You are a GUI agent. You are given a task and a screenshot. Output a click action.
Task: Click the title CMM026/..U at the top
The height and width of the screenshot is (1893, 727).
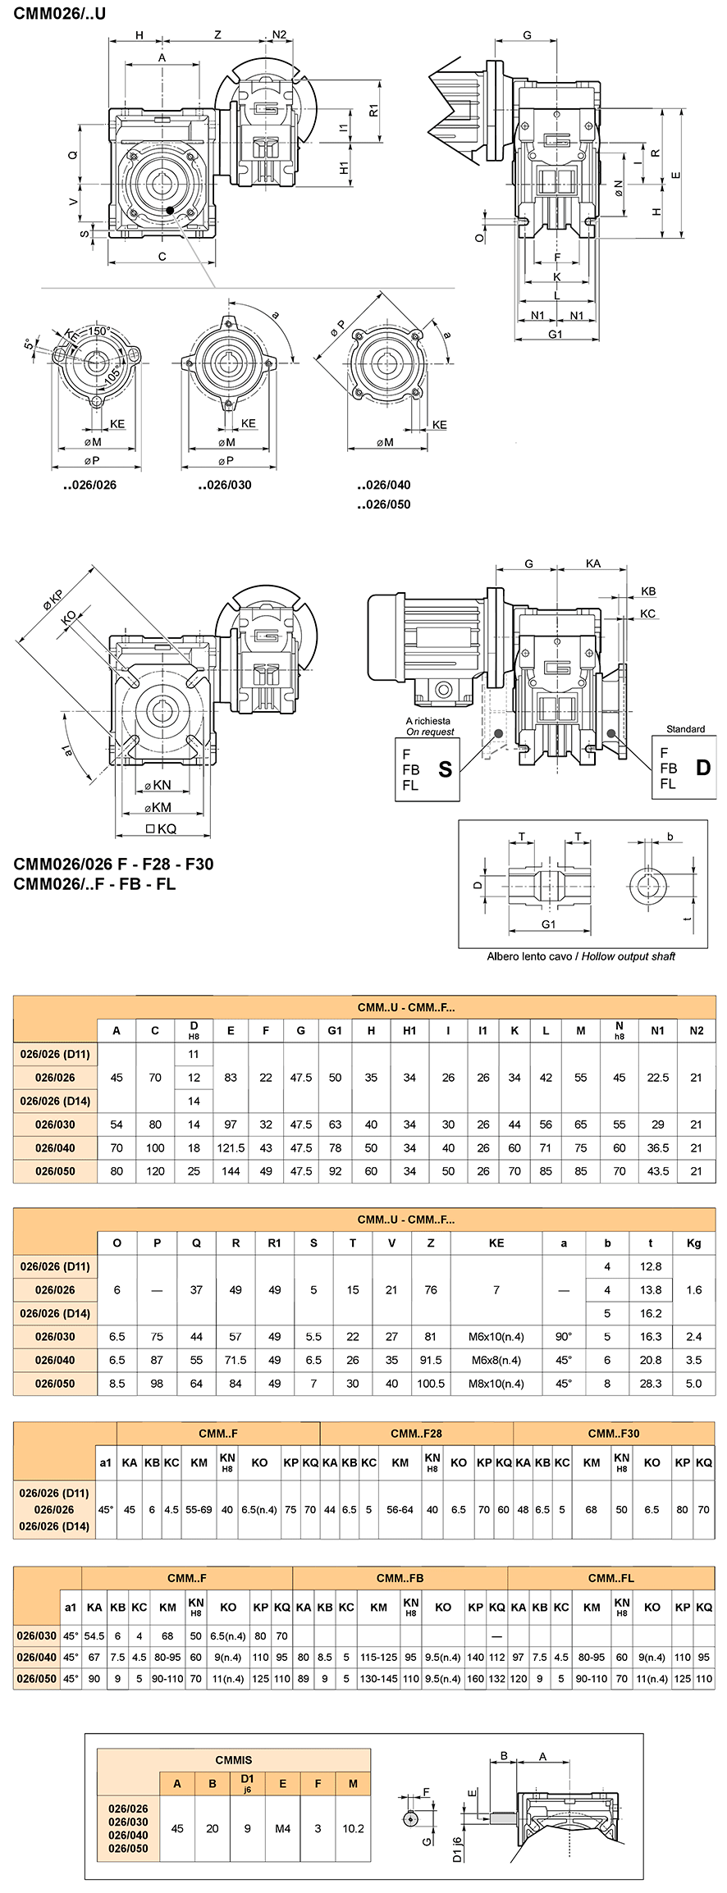[x=60, y=13]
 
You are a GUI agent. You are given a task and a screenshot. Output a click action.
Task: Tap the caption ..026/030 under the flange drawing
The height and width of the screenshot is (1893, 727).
[x=225, y=485]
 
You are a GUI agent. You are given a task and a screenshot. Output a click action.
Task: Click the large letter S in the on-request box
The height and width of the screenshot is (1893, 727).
[x=446, y=769]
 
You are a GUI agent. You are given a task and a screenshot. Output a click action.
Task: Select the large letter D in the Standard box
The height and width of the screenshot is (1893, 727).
[x=703, y=768]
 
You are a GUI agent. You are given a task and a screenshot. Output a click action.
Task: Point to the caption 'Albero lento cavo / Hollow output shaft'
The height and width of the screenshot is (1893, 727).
[x=581, y=956]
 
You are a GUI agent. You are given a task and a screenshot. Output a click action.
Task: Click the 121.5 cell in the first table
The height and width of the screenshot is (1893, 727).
[x=231, y=1148]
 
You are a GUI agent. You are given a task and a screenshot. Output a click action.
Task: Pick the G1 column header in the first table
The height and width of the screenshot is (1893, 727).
[x=335, y=1031]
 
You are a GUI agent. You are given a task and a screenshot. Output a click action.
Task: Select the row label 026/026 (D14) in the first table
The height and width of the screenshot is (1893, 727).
[x=55, y=1101]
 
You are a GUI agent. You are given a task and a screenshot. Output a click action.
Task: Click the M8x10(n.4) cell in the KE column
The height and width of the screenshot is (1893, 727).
[x=496, y=1384]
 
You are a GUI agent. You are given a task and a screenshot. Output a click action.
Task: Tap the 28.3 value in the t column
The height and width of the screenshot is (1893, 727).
[x=651, y=1384]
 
